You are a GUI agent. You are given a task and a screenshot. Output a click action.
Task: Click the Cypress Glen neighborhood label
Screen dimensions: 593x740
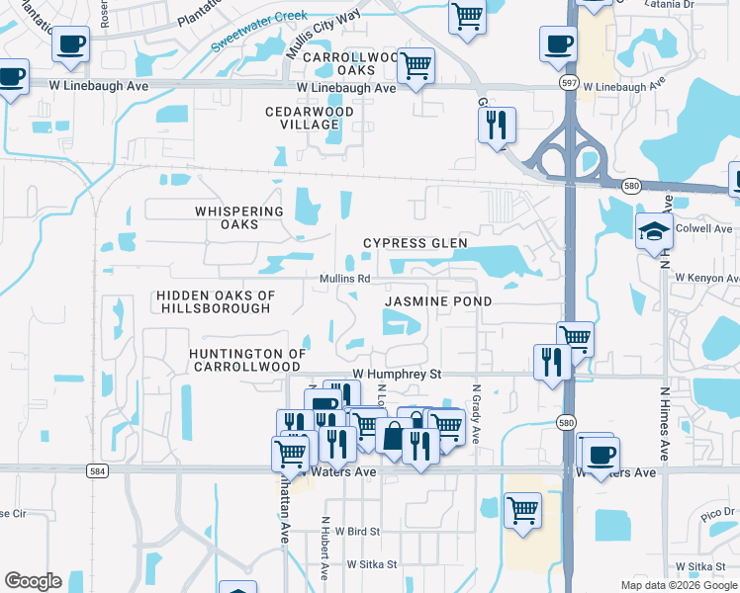coord(415,243)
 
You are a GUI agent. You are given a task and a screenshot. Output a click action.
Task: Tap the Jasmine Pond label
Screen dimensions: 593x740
coord(437,300)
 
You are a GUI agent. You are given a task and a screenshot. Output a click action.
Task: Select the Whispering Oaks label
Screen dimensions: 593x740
coord(239,217)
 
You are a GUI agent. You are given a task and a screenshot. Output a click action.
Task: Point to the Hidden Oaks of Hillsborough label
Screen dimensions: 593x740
coord(216,301)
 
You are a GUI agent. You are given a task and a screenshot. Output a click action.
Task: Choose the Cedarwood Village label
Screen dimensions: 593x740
coord(302,119)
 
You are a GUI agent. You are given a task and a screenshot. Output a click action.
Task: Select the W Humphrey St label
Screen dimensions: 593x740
coord(397,375)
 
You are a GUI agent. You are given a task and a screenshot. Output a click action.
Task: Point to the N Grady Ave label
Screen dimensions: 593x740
coord(477,414)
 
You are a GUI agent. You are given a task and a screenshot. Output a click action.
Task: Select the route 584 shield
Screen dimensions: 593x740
coord(97,471)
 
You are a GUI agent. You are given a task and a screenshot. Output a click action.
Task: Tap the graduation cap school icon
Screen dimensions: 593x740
coord(655,231)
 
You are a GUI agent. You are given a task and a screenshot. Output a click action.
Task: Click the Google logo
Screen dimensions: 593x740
coord(33,581)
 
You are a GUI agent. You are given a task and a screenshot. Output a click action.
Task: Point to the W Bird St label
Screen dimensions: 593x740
coord(357,532)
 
